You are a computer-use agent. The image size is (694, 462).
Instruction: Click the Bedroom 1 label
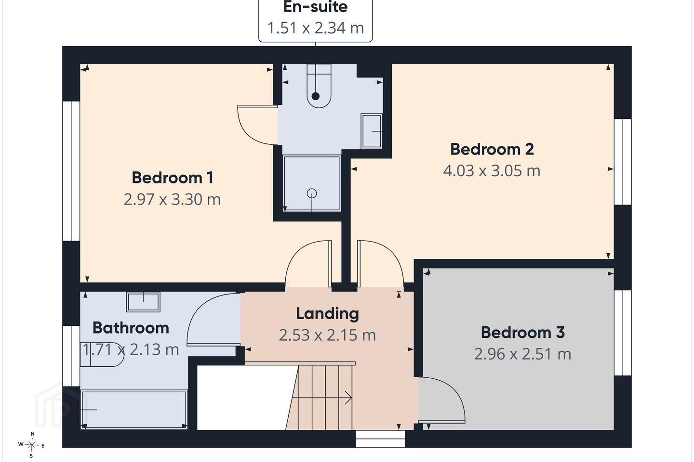(x=173, y=178)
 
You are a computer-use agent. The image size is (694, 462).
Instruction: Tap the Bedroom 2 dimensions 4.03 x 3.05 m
(x=492, y=170)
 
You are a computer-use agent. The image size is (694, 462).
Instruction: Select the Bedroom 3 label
(x=522, y=333)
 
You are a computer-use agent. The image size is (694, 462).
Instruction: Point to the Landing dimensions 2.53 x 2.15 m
(x=328, y=335)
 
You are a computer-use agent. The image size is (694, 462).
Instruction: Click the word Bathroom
(x=131, y=328)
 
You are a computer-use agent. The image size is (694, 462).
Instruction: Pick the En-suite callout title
(x=315, y=7)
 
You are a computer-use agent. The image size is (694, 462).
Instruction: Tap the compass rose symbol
(x=31, y=445)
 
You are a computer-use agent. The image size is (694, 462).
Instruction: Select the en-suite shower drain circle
(x=312, y=193)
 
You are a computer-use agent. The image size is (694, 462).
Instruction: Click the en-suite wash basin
(x=372, y=131)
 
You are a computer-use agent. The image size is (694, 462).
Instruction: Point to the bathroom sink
(x=143, y=302)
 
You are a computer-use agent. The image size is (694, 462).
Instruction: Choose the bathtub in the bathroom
(x=134, y=410)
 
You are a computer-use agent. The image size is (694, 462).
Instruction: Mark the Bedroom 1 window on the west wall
(x=71, y=171)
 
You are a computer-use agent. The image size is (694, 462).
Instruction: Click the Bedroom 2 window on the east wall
(x=623, y=162)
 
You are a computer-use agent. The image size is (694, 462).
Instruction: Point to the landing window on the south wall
(x=380, y=439)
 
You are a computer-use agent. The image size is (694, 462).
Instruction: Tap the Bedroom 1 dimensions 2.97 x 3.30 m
(x=172, y=199)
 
